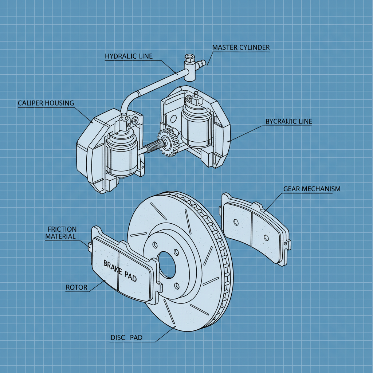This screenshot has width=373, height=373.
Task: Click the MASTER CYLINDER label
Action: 241,48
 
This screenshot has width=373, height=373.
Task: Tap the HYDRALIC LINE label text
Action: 129,56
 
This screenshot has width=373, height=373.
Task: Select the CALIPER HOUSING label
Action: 46,103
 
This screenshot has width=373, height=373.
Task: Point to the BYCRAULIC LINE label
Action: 288,122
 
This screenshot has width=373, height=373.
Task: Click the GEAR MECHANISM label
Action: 311,189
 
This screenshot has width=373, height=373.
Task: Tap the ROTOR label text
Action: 76,287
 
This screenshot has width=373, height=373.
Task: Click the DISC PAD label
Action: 126,338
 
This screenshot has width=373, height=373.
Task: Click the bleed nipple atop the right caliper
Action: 196,95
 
